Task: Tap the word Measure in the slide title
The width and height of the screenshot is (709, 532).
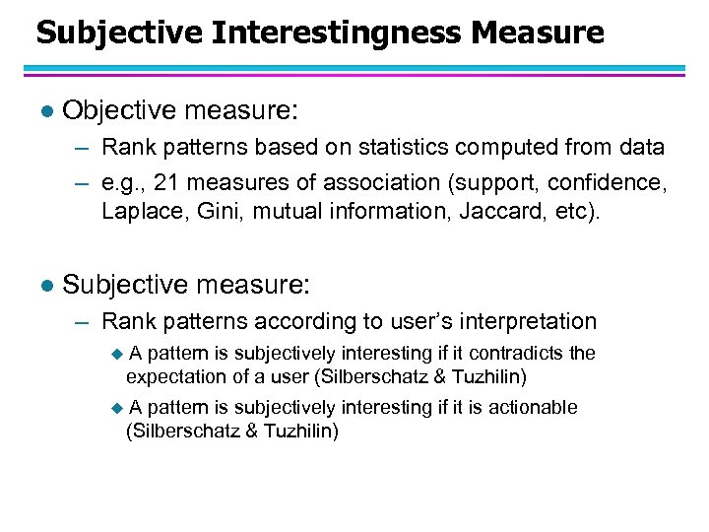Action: tap(538, 33)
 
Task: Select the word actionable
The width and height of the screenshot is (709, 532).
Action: tap(529, 407)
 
